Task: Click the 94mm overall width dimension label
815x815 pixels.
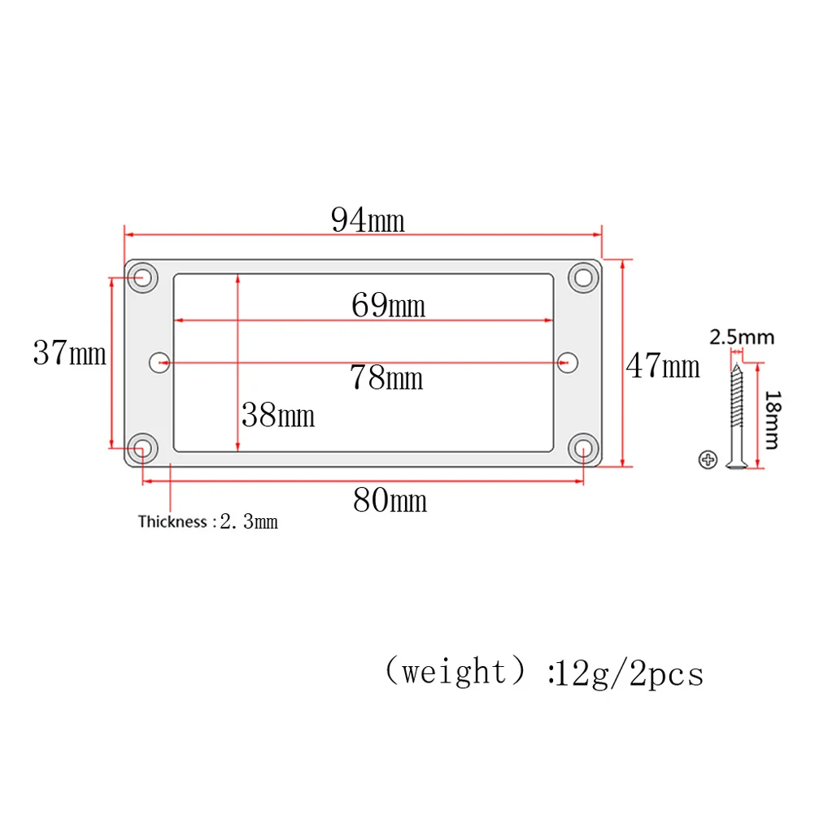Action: point(368,220)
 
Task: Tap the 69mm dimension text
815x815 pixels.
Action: point(388,306)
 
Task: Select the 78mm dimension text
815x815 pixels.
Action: point(386,377)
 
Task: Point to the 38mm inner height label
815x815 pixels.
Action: point(277,416)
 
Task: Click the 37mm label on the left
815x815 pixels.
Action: point(69,353)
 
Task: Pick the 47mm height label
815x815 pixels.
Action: point(662,367)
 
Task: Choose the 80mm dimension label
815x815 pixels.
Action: point(390,500)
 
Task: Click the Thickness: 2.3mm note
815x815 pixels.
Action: point(207,521)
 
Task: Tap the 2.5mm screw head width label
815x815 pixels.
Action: point(741,337)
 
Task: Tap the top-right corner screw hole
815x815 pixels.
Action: point(583,277)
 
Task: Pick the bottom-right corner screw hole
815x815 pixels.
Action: point(583,447)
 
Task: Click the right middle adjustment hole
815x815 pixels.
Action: point(568,361)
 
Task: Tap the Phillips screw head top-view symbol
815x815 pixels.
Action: point(708,460)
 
